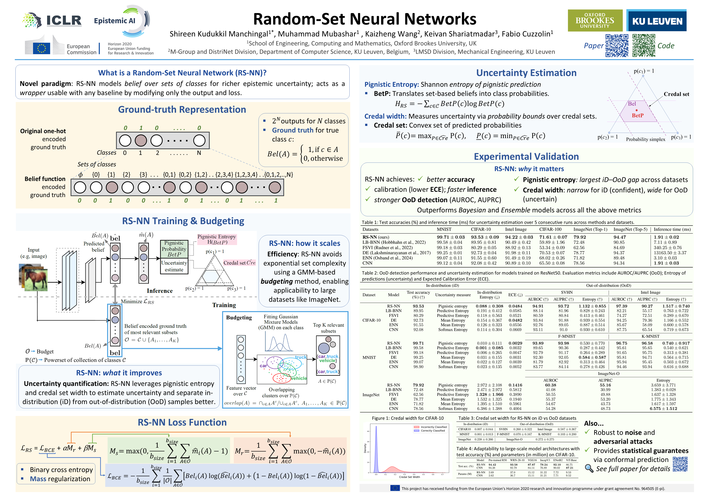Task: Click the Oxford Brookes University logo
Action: point(595,20)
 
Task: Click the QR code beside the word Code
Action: point(644,46)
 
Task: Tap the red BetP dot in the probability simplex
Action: point(637,110)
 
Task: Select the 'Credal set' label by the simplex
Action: point(676,94)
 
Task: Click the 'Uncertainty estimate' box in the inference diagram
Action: point(174,266)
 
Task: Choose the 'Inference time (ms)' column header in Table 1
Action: point(672,229)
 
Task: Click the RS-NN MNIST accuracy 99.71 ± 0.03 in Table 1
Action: point(450,237)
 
